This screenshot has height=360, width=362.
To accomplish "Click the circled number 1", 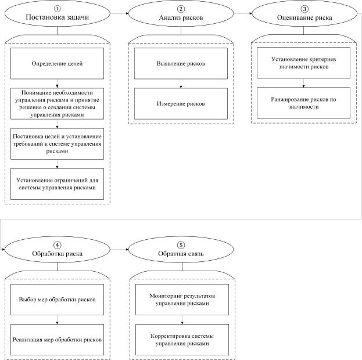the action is coord(58,9).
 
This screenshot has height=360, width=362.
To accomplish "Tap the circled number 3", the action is coord(304,9).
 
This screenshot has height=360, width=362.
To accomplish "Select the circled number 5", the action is coord(181,245).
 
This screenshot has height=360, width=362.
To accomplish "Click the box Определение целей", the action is coord(58,63).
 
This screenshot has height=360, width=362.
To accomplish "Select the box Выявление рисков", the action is coord(181,63).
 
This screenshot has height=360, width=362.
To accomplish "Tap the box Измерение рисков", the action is coord(181,103).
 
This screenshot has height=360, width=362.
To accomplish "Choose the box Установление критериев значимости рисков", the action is coord(303,63).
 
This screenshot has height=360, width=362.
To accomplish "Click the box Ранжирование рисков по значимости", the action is coord(303,103).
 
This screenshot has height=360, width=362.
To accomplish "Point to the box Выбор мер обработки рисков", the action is coord(58,300).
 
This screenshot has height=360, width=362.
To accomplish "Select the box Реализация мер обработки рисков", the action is coord(58,340).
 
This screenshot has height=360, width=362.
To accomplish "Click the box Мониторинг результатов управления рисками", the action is coord(182,300).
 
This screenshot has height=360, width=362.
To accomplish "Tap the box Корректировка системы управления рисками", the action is coord(182,340).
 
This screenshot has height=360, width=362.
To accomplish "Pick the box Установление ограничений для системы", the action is coord(58,184).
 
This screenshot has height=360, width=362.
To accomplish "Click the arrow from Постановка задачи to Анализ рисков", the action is coord(119,13).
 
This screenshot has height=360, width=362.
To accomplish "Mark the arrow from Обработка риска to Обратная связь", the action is coord(119,250).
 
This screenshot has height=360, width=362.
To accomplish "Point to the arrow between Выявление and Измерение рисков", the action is coord(181,84).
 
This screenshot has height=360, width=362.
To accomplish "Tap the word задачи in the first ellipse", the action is coord(78,17).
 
